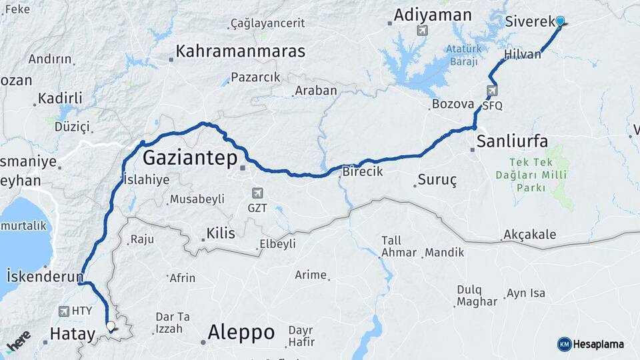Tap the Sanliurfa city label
coord(512,141)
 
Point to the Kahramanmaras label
coord(241,51)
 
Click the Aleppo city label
coord(241,331)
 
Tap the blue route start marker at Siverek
coord(560,21)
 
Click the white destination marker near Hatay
coord(111,327)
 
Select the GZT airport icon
coord(257,193)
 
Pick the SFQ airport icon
coord(492,91)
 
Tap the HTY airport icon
coord(64,311)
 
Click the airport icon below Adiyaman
coord(421,30)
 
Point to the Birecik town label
coord(363,171)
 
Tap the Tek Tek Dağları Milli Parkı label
coord(531,175)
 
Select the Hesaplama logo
coord(591,344)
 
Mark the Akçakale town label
coord(530,235)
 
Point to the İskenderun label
coord(45,276)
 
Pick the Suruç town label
coord(437,180)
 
